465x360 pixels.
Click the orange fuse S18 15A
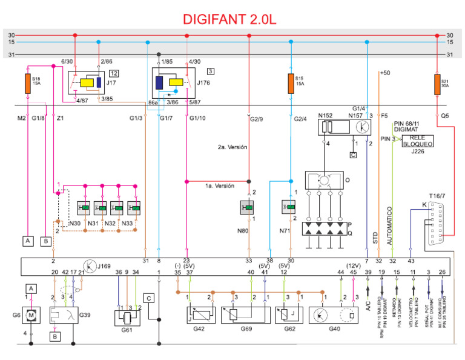pos(27,84)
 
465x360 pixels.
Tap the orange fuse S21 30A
pos(437,85)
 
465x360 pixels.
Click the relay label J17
pos(111,84)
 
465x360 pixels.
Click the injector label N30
pos(75,224)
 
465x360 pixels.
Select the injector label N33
pos(128,224)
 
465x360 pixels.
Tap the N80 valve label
pos(243,231)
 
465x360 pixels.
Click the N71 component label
pos(285,231)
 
